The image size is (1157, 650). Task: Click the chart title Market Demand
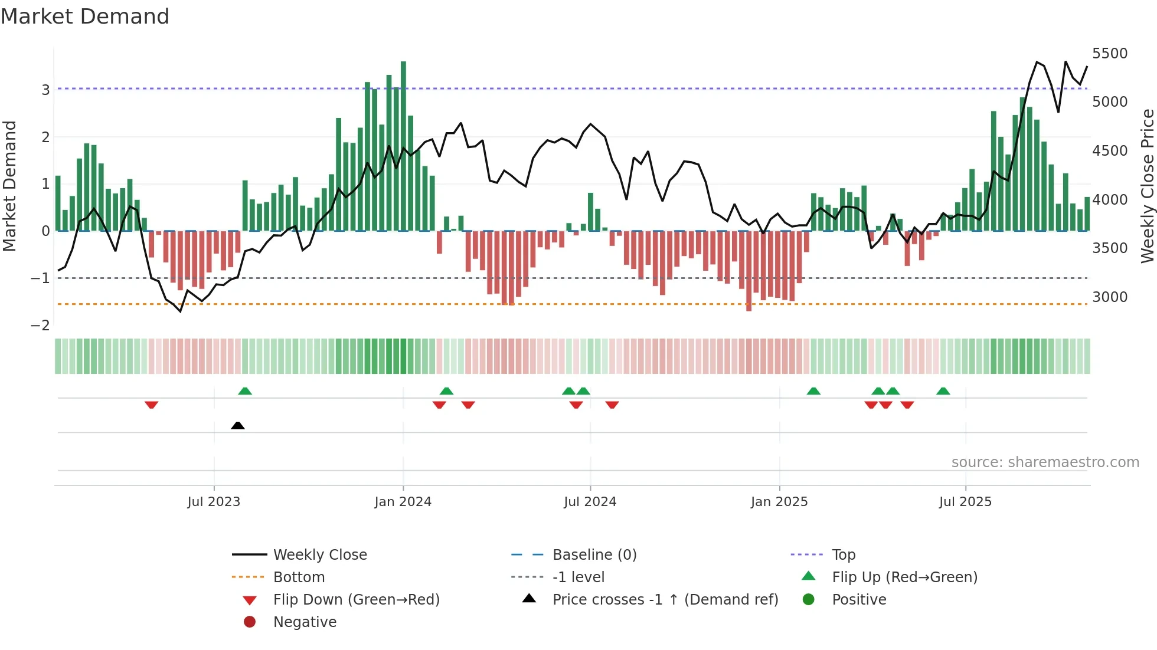pos(85,17)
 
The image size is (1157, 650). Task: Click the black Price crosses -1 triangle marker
pos(237,425)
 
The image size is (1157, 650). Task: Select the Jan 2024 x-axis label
pos(403,502)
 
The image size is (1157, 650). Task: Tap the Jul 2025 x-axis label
pos(965,502)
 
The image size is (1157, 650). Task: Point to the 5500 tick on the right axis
pos(1109,54)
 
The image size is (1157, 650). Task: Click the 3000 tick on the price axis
pos(1109,297)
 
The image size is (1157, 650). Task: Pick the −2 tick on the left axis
pos(40,326)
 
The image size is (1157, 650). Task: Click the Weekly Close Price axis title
pos(1147,186)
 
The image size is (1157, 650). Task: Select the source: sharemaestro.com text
pos(1045,462)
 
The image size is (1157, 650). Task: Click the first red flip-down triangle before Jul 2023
pos(151,405)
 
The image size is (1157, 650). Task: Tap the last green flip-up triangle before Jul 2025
pos(943,391)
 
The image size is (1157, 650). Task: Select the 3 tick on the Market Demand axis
pos(45,90)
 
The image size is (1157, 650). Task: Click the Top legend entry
pos(843,555)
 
